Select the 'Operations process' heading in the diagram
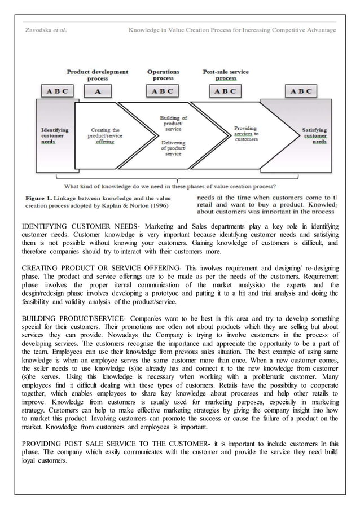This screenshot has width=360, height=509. [x=163, y=75]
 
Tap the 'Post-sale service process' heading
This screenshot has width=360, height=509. [x=226, y=75]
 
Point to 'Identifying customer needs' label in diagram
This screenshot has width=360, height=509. [x=56, y=136]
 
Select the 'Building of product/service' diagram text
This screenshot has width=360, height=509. [x=174, y=124]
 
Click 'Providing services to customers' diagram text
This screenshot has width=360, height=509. [x=246, y=134]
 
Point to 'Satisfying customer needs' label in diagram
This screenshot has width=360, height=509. [x=314, y=136]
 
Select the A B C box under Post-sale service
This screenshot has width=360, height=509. [x=226, y=91]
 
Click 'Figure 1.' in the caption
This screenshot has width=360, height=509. [x=37, y=198]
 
